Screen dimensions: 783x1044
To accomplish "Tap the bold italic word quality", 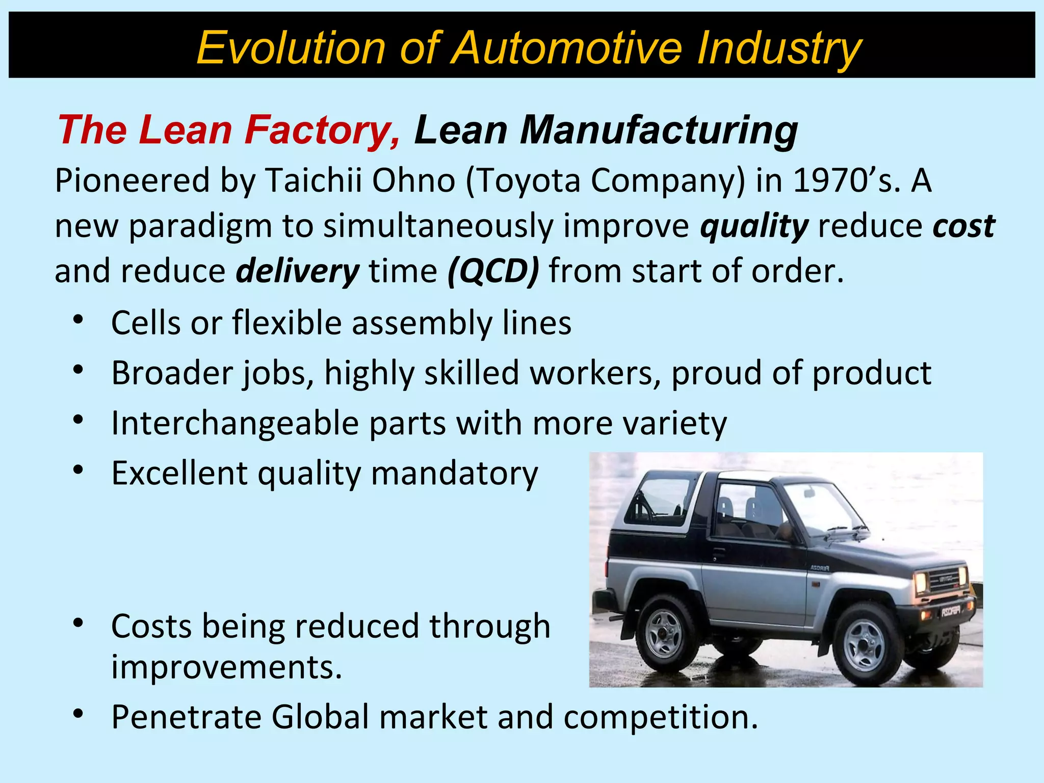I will [754, 226].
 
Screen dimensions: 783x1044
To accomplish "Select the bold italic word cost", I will [963, 226].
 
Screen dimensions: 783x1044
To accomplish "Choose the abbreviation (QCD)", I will [493, 272].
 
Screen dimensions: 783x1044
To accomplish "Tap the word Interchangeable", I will [235, 423].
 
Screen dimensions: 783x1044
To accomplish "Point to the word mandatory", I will [454, 474].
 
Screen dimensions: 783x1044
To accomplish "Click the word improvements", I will [226, 667].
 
